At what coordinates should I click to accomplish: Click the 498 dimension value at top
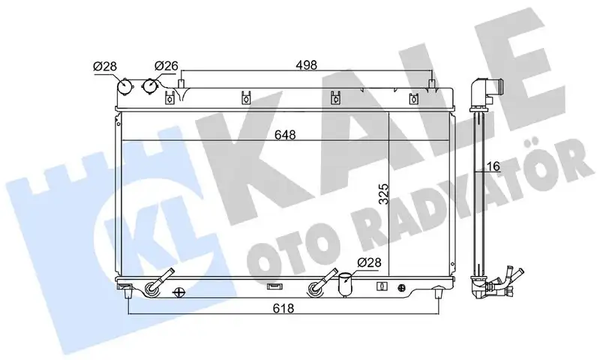[306, 65]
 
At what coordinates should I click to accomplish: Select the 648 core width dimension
[285, 135]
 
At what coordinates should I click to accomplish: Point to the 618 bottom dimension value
[283, 308]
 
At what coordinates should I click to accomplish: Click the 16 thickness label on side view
[494, 166]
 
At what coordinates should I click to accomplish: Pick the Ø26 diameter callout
[166, 66]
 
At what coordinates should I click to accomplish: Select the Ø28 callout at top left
[105, 66]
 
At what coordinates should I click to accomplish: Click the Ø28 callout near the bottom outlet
[369, 262]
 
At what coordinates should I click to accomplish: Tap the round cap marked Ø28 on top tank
[124, 87]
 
